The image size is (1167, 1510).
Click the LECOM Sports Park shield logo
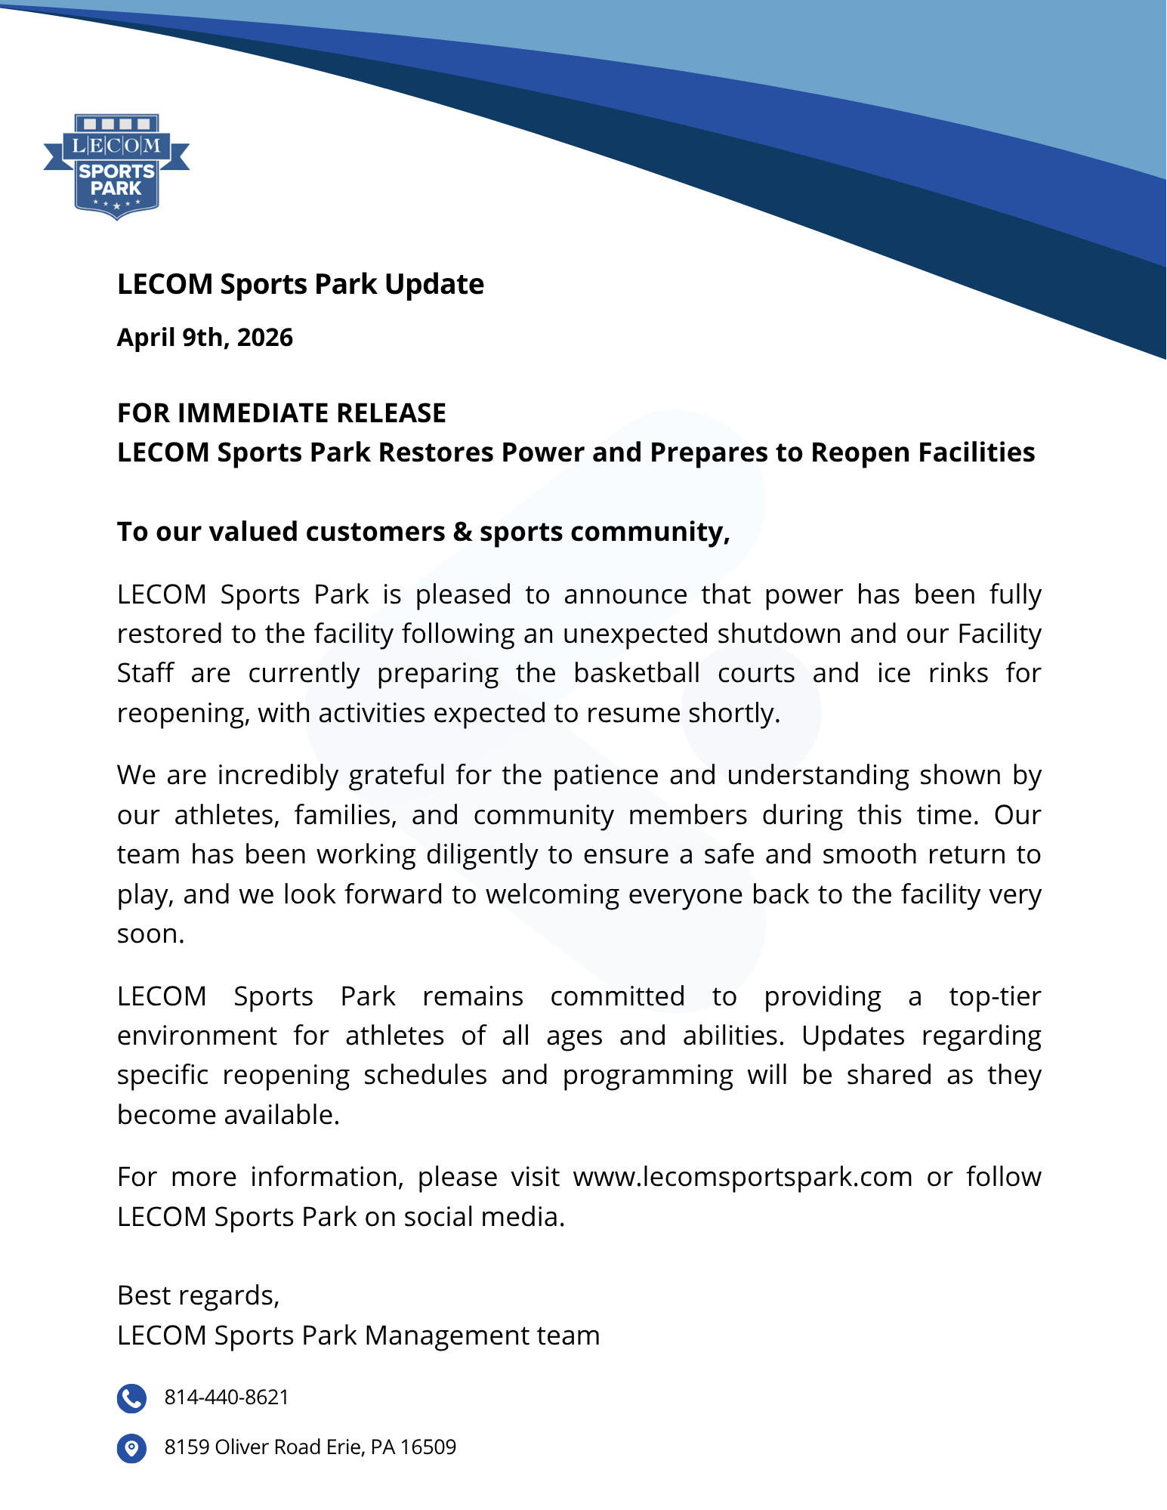tap(116, 166)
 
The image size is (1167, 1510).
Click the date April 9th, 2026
tap(205, 338)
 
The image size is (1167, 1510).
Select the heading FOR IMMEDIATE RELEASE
tap(281, 413)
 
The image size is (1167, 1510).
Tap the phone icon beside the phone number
tap(131, 1398)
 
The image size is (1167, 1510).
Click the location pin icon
tap(131, 1448)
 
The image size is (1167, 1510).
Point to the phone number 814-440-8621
tap(227, 1397)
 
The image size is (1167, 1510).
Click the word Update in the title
tap(434, 285)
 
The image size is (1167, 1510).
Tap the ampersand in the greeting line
tap(462, 532)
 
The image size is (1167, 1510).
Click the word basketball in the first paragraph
tap(637, 673)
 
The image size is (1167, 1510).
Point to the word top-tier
tap(995, 996)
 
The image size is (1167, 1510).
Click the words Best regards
tap(198, 1295)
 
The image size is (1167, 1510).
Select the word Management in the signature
tap(446, 1336)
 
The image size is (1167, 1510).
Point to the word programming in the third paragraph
tap(647, 1076)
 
